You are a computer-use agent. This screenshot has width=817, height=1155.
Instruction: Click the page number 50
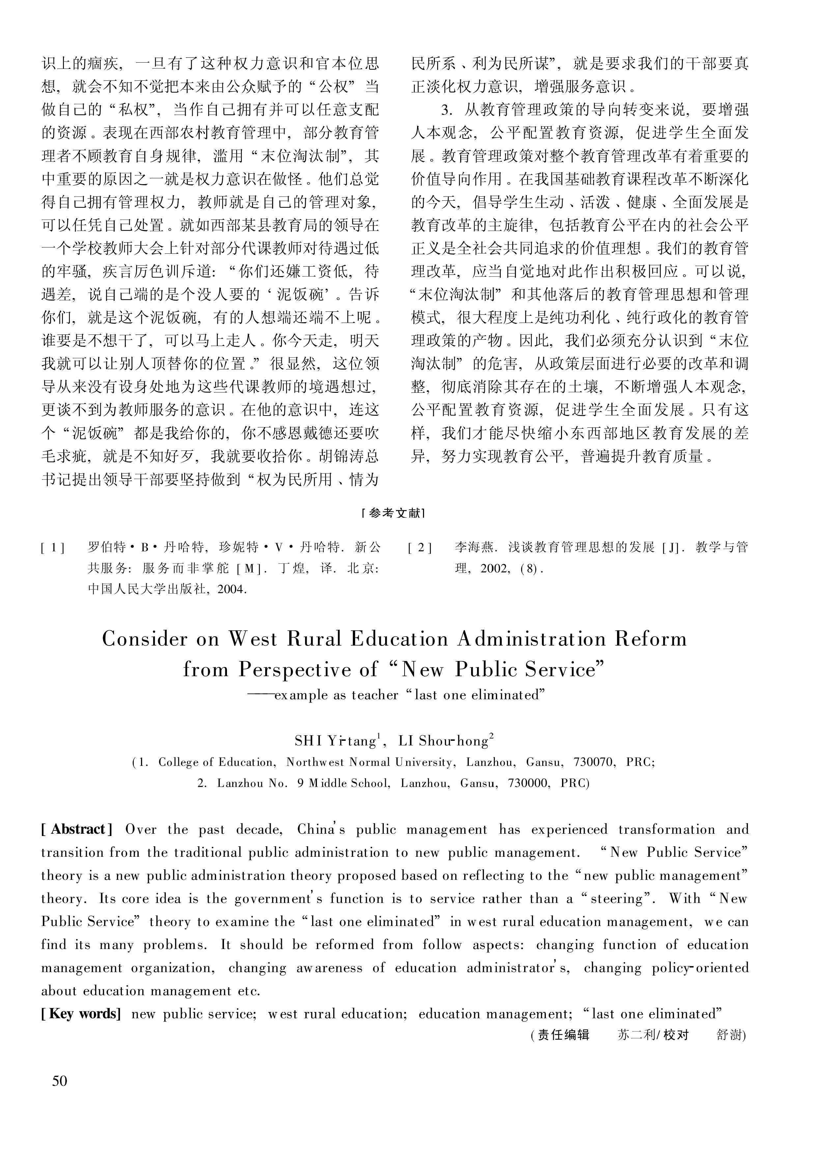pyautogui.click(x=59, y=1081)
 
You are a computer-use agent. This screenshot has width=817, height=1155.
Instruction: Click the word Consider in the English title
pyautogui.click(x=145, y=639)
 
